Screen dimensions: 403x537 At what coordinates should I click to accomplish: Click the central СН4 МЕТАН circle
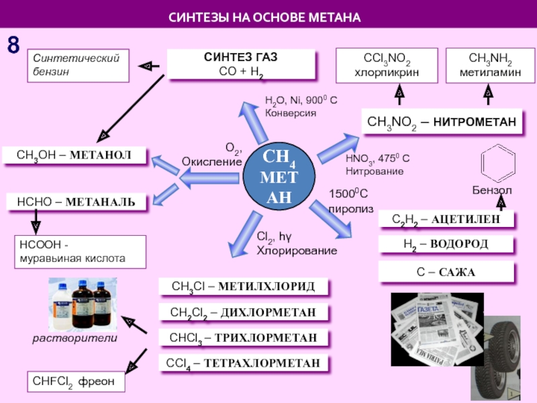278,177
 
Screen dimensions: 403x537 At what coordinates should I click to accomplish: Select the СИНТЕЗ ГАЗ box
240,64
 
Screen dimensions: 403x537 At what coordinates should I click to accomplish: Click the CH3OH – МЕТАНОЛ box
75,156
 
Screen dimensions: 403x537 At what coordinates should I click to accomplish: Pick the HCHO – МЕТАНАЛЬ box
75,201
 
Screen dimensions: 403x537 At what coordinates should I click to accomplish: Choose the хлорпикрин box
387,65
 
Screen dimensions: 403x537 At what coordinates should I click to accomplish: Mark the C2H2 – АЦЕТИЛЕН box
446,219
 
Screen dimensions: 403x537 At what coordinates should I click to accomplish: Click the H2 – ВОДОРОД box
446,244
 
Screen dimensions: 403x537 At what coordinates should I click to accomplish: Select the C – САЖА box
446,272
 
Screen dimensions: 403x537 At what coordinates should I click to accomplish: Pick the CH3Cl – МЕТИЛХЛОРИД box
244,287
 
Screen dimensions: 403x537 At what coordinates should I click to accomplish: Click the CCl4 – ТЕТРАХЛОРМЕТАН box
244,363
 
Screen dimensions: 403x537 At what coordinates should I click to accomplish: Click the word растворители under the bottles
75,339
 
